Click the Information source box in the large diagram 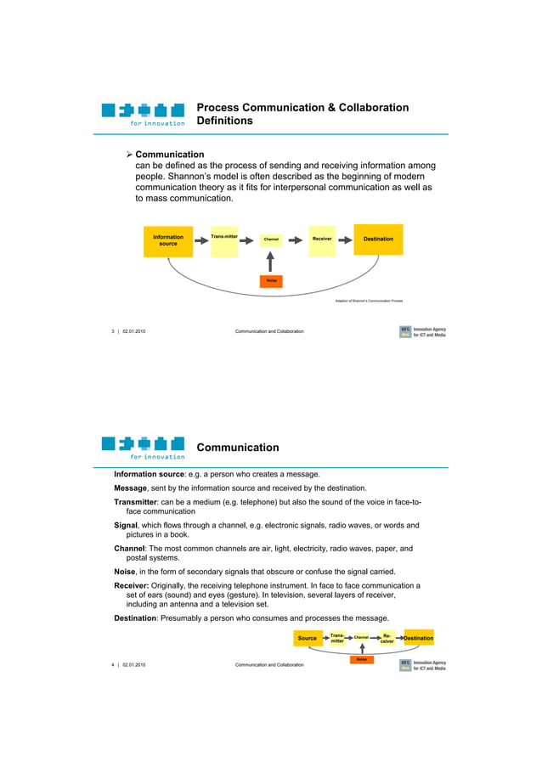(168, 240)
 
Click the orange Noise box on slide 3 (270, 280)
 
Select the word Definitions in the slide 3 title (224, 121)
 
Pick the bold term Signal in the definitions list (128, 525)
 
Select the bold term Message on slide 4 (133, 488)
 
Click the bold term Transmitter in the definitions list (141, 502)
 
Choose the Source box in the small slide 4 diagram (308, 638)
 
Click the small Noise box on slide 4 (362, 659)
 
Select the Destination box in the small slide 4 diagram (418, 638)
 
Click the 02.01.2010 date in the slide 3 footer (134, 331)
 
